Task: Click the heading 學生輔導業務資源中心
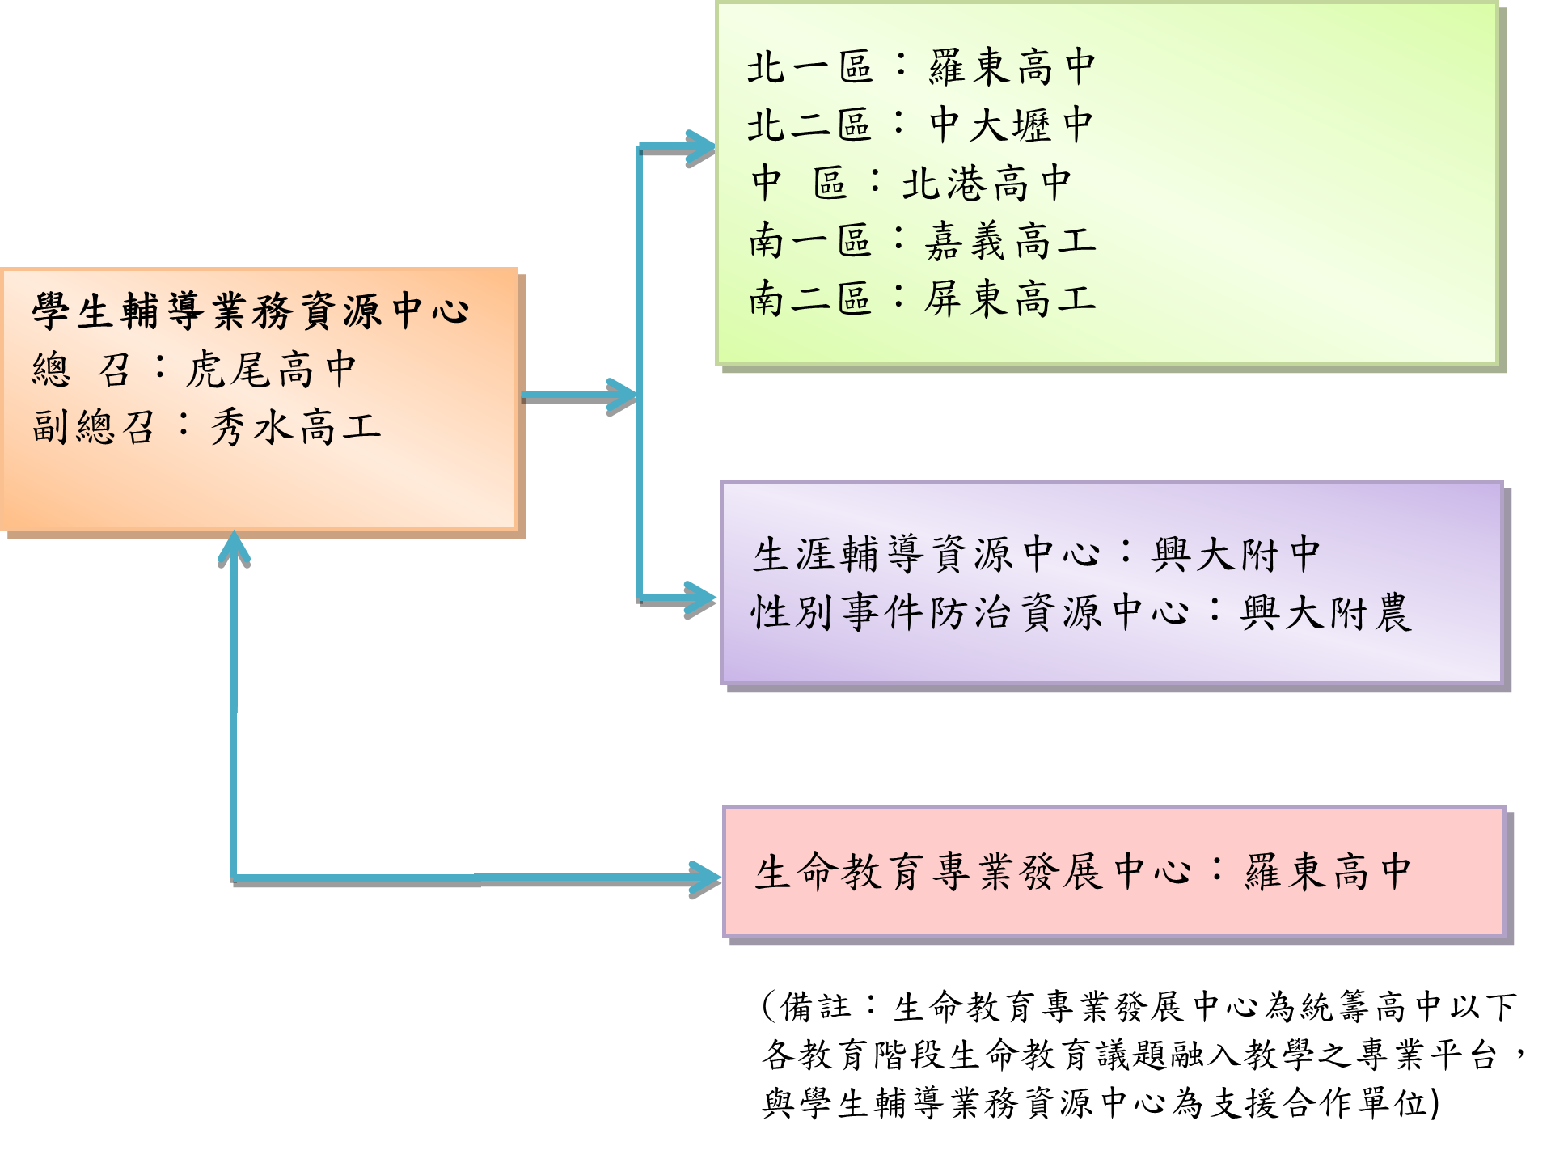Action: click(251, 311)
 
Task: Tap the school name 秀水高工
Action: click(295, 428)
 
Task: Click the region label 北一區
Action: click(809, 67)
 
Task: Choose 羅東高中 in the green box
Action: click(1012, 67)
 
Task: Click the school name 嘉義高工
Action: click(1010, 242)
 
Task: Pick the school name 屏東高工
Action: click(1010, 299)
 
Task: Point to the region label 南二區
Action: click(809, 299)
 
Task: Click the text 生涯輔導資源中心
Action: click(927, 556)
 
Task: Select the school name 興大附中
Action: click(1236, 556)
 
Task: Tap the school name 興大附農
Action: click(1326, 613)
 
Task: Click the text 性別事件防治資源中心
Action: click(970, 613)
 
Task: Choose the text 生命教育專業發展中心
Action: click(974, 873)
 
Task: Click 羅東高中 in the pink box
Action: click(1328, 873)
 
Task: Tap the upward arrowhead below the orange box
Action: click(234, 547)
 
